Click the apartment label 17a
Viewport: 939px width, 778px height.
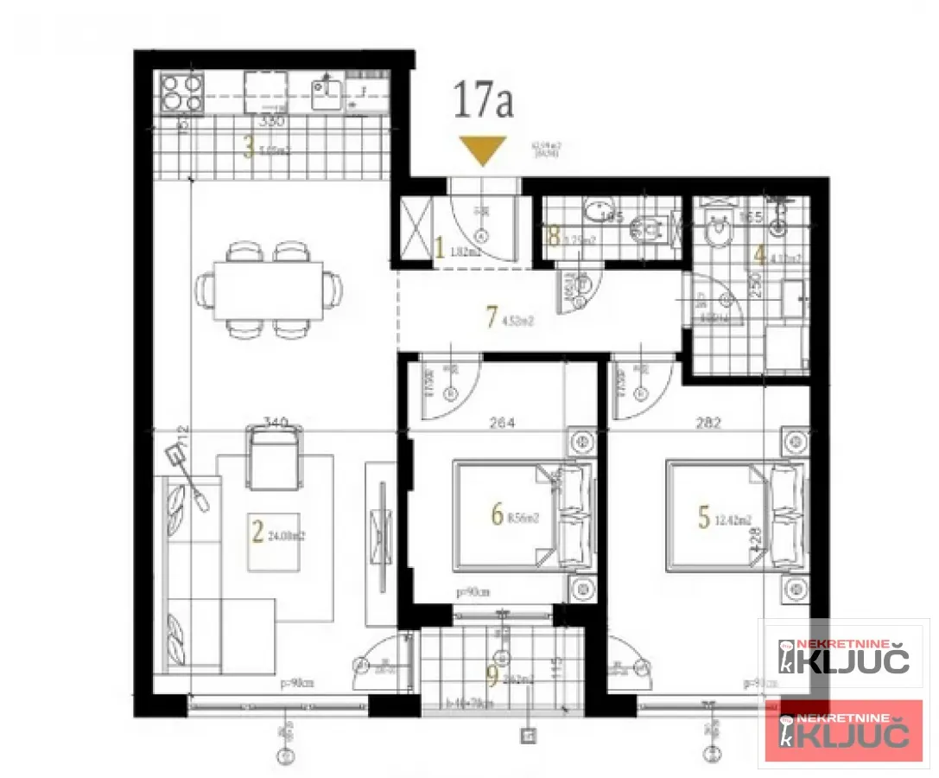[x=483, y=101]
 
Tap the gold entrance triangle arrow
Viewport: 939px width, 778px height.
[x=481, y=150]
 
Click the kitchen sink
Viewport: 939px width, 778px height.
[x=326, y=92]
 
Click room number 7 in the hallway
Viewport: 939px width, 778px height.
[x=492, y=318]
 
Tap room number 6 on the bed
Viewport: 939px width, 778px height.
[x=496, y=515]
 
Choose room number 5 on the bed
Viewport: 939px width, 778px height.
[x=703, y=516]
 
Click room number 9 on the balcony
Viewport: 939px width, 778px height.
[x=492, y=677]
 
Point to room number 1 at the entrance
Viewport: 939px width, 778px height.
[x=439, y=251]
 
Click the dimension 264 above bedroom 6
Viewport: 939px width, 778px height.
[x=502, y=423]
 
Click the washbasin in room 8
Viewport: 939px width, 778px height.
[x=597, y=210]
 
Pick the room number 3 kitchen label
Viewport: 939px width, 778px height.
[x=248, y=149]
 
